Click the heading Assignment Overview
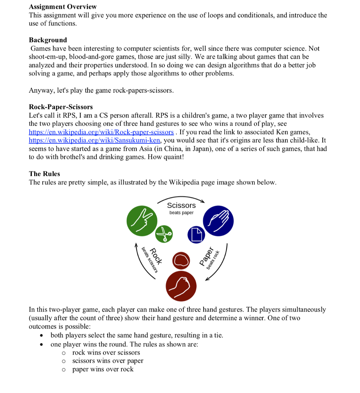coord(63,7)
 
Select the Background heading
coord(48,40)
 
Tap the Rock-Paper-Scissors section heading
coord(61,107)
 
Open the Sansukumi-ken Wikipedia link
coord(95,140)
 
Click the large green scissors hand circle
coord(142,220)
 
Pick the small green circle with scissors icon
coord(164,233)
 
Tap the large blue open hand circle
coord(218,220)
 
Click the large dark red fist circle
coord(181,286)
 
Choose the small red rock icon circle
coord(181,261)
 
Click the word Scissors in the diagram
coord(181,205)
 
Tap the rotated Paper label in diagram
coord(206,256)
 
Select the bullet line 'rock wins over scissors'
coord(106,352)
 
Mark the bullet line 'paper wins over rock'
coord(103,369)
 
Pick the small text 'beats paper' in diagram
coord(181,213)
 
